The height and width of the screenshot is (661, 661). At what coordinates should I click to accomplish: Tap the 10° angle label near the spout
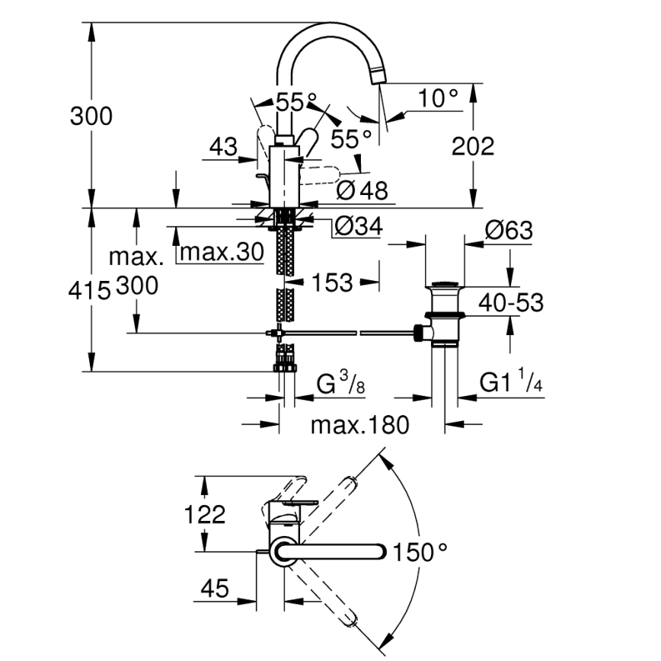(x=439, y=97)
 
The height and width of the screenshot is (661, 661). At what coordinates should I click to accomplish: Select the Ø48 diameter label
(x=361, y=191)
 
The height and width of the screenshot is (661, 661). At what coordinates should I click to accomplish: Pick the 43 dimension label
(x=223, y=146)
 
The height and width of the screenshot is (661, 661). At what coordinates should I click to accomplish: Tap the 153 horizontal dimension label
(x=332, y=283)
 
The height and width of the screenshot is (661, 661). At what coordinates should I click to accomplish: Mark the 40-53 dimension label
(x=511, y=302)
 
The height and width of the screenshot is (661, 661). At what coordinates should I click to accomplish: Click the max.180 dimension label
(x=359, y=424)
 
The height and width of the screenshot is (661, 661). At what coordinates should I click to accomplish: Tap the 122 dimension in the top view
(x=205, y=515)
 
